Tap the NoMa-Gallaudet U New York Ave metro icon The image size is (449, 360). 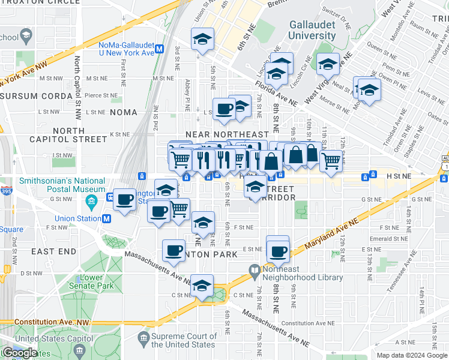[160, 49]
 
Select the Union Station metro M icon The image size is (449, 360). [106, 218]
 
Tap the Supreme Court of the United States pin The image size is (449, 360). [144, 340]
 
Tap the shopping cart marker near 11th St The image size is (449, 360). [331, 160]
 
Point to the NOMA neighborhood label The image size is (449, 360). [122, 112]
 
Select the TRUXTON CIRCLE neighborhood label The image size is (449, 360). [40, 2]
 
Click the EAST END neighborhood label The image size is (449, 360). [52, 251]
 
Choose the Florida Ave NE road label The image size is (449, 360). [276, 94]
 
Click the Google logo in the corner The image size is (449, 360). [19, 353]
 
